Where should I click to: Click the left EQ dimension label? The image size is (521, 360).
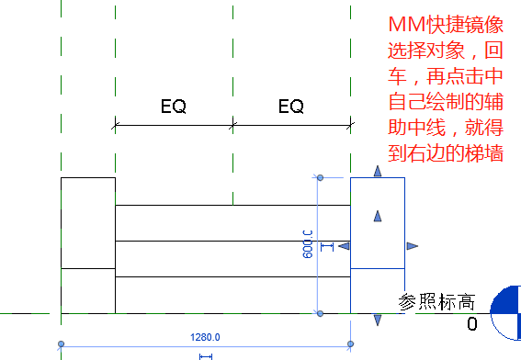click(x=174, y=107)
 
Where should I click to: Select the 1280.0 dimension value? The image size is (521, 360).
click(x=205, y=337)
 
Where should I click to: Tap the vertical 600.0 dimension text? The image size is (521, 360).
click(x=309, y=243)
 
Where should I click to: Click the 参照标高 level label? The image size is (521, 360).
click(x=437, y=301)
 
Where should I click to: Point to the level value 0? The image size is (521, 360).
click(x=472, y=323)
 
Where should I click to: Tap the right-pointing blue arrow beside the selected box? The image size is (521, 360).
click(x=412, y=245)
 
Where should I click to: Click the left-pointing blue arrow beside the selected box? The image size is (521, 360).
click(x=344, y=245)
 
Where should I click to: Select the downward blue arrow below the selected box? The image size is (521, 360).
click(x=377, y=319)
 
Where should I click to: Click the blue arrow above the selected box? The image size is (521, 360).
click(x=377, y=172)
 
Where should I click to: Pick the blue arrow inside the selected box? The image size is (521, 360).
click(x=377, y=216)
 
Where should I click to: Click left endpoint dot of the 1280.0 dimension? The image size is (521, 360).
click(x=61, y=344)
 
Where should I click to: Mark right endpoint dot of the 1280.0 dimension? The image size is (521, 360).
click(x=351, y=344)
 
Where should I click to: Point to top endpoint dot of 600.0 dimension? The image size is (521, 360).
click(x=319, y=177)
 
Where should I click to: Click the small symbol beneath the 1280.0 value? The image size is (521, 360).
click(x=206, y=355)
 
